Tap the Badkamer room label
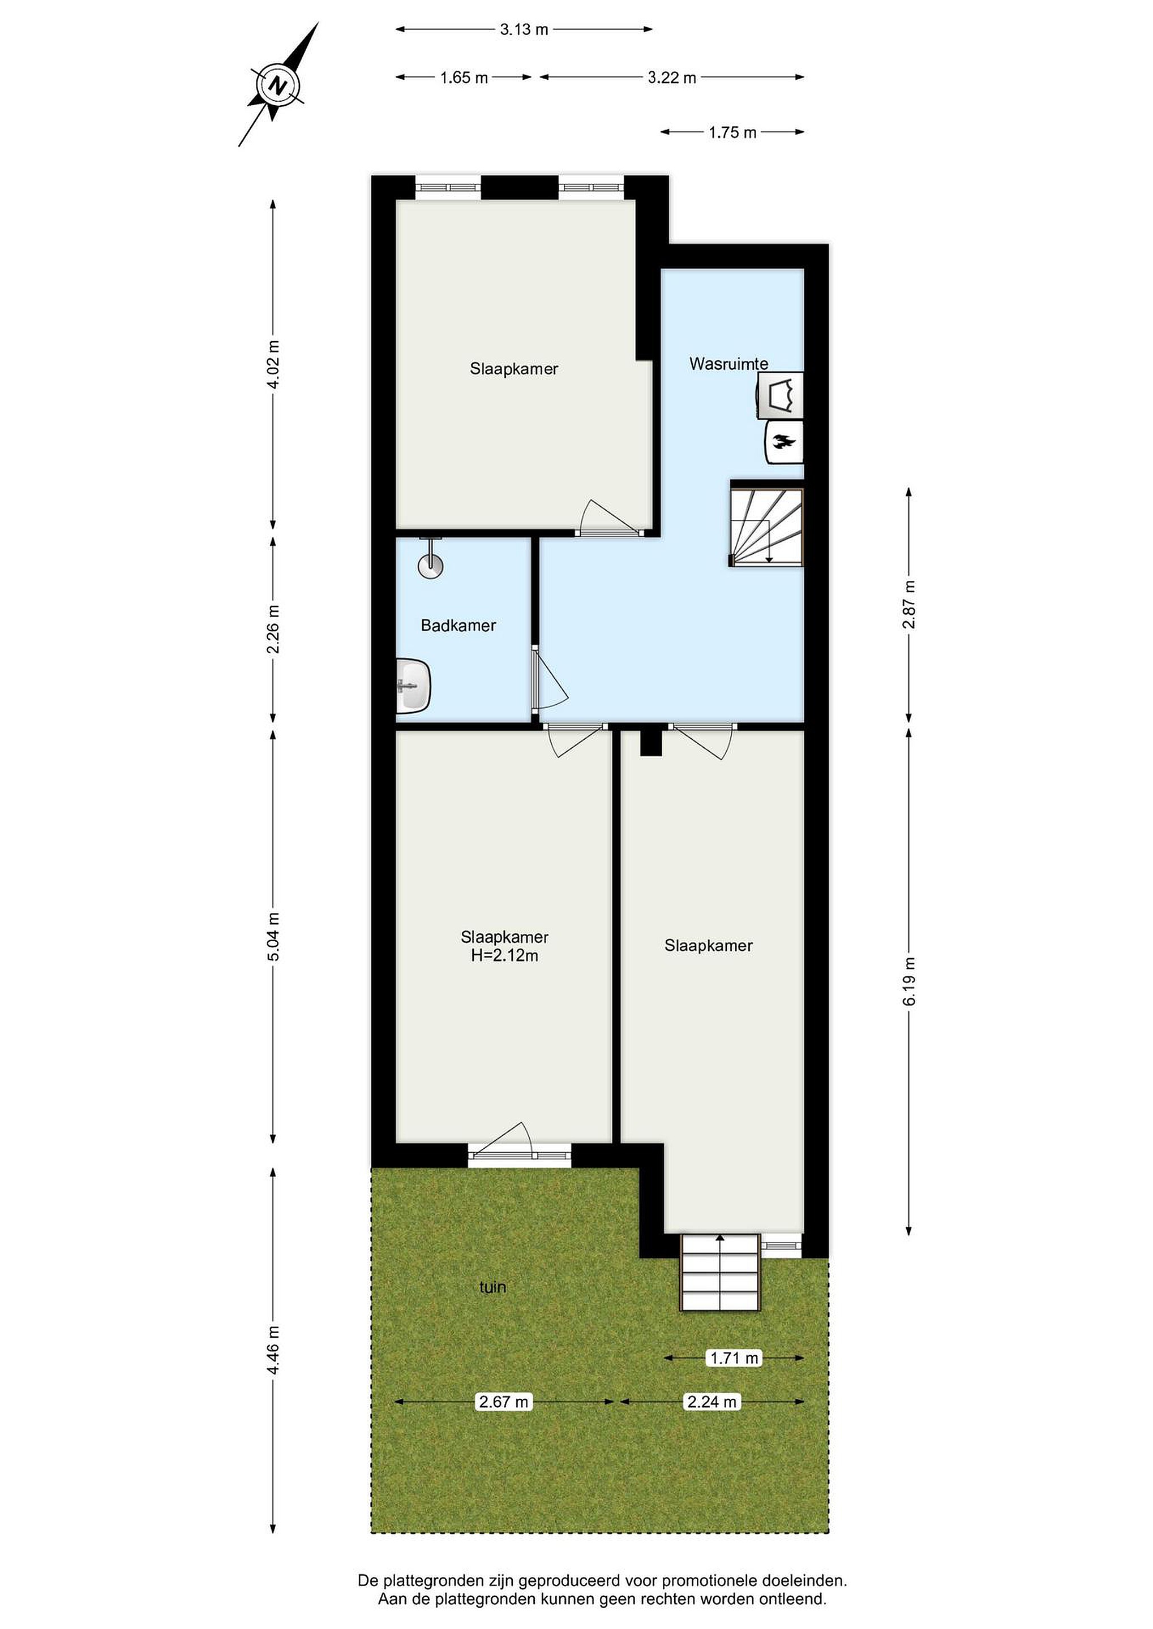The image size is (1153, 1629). coord(458,625)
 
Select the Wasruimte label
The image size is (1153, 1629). coord(728,364)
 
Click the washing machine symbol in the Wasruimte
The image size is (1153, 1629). coord(780,394)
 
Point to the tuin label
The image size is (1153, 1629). coord(492,1286)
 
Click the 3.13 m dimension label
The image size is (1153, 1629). coord(524,29)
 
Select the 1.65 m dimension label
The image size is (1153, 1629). coord(464,77)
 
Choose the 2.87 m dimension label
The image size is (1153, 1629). coord(910,605)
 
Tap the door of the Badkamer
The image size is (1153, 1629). coord(550,676)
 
